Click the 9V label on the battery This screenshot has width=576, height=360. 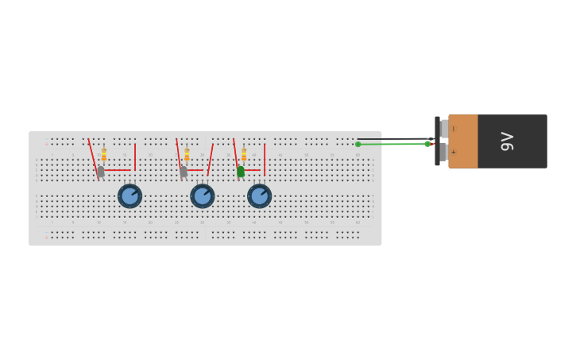[508, 141]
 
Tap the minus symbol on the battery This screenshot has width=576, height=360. [454, 129]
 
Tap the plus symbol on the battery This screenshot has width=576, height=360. [454, 152]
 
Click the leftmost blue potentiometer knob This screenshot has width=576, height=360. [130, 195]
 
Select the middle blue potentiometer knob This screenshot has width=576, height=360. [202, 195]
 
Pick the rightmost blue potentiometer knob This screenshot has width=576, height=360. [259, 195]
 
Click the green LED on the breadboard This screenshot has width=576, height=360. [241, 171]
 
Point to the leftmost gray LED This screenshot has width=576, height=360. [100, 171]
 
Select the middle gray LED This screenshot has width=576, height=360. [184, 171]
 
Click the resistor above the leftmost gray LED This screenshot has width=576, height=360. [103, 154]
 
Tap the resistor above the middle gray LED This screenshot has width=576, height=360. [187, 154]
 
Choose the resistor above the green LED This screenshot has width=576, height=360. [244, 154]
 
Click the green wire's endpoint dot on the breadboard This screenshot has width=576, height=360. [358, 144]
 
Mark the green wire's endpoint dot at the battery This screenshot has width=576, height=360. [427, 144]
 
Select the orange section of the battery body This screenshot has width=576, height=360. [463, 141]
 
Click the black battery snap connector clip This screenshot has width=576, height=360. [437, 141]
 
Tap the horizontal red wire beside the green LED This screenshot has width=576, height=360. [253, 169]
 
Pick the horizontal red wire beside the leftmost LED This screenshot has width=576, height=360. [118, 169]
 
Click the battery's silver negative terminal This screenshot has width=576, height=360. [444, 129]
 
